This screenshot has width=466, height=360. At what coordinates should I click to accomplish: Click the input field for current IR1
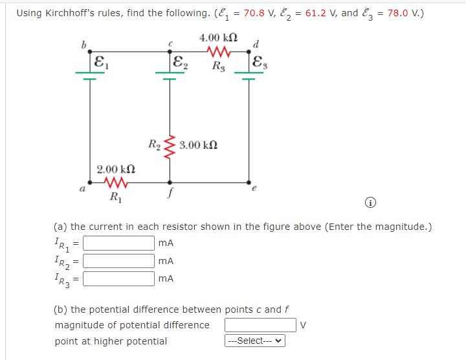point(118,243)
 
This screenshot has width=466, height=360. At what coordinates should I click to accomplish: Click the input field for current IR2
point(118,261)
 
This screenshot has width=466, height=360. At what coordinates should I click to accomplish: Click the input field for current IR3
point(118,278)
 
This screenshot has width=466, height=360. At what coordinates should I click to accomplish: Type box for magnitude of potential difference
point(260,324)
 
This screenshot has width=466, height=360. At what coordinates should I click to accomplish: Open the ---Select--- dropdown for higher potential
point(255,341)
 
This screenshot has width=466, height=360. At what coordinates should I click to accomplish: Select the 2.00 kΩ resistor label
point(116,169)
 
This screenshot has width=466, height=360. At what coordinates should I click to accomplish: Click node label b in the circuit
point(83,45)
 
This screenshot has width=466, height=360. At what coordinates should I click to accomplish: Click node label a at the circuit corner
point(82,190)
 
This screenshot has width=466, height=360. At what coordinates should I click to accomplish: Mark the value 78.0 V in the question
point(402,13)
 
